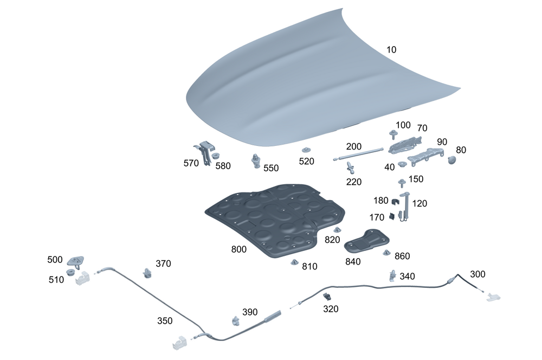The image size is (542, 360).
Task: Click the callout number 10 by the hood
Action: coord(391,49)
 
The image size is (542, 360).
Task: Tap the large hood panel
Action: coord(304,81)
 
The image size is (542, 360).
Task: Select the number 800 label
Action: coord(238,249)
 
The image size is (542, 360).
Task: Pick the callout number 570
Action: coord(191,163)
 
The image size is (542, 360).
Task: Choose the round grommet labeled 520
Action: coord(307,150)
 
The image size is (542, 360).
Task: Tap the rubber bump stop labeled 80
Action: coord(452,159)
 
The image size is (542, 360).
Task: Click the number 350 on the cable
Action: coord(165,320)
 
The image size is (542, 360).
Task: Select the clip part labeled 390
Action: coord(236,320)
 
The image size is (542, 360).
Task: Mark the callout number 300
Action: coord(478,274)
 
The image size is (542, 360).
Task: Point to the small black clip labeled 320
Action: coord(327,297)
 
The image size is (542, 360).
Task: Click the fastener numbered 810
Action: coord(295,262)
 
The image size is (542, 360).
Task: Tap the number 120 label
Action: coord(420,203)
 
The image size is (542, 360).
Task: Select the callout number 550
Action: coord(271,168)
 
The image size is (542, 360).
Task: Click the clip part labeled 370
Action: coord(148,272)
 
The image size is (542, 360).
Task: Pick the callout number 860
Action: coord(402,256)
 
